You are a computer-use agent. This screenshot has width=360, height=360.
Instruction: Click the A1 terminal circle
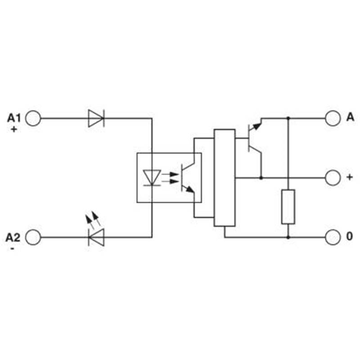coord(33,118)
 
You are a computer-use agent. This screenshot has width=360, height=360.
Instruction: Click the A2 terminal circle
coord(33,237)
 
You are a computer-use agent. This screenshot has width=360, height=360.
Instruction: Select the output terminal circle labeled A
coord(333,118)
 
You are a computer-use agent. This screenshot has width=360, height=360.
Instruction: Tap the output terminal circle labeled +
coord(333,178)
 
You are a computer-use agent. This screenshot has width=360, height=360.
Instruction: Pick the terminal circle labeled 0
coord(333,237)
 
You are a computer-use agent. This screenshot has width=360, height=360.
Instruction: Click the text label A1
coord(14,118)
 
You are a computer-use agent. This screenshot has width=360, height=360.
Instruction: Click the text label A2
coord(13,238)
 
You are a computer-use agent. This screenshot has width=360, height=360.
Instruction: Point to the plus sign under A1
coord(14,130)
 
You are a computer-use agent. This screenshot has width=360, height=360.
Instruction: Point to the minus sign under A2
coord(13,248)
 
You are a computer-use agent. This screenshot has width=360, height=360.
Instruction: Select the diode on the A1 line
coord(96,118)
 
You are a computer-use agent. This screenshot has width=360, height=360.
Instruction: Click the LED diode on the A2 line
coord(96,237)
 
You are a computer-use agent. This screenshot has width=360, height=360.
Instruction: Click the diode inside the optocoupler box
coord(152,177)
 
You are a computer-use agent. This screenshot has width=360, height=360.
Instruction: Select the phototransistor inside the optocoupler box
coord(188,178)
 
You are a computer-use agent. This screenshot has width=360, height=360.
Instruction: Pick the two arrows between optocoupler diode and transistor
coord(170,178)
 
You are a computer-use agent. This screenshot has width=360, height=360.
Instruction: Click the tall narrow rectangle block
coord(225,178)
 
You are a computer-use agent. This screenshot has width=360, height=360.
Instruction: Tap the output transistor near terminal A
coord(255,138)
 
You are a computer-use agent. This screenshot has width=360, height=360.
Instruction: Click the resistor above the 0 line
coord(288,207)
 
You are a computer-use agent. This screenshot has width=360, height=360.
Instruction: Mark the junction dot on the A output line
coord(288,118)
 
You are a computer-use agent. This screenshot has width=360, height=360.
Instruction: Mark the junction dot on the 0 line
coord(288,237)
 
